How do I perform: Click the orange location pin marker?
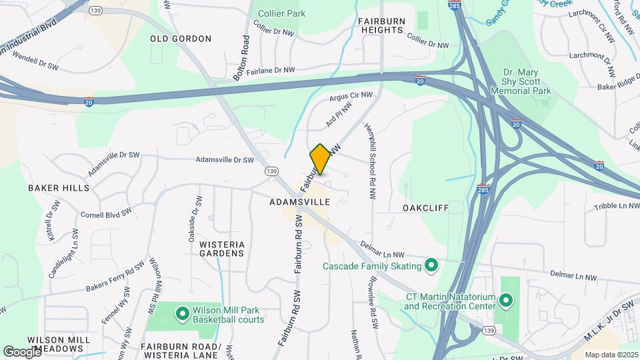tap(320, 159)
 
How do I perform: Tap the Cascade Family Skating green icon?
tap(431, 267)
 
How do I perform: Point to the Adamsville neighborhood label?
tap(300, 201)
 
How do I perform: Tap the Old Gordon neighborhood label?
tap(181, 39)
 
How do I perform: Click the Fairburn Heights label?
tap(381, 26)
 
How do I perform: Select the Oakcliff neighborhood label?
tap(425, 208)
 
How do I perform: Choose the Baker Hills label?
tap(59, 188)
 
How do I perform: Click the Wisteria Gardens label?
tap(222, 249)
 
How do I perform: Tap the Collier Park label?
tap(281, 13)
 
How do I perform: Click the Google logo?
tap(22, 351)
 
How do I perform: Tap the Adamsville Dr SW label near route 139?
tap(225, 160)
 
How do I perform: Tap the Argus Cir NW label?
tap(351, 98)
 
